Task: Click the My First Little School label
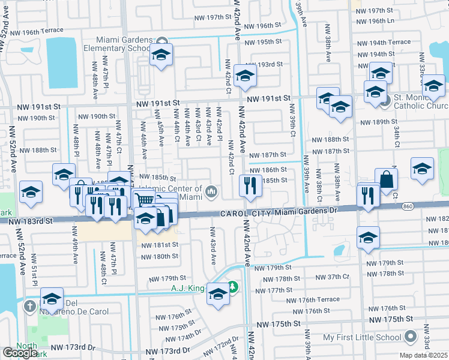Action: (362, 338)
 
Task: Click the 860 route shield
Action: (408, 206)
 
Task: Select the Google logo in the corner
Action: (20, 353)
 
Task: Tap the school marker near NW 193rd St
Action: (245, 76)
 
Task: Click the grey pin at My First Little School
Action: (411, 335)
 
